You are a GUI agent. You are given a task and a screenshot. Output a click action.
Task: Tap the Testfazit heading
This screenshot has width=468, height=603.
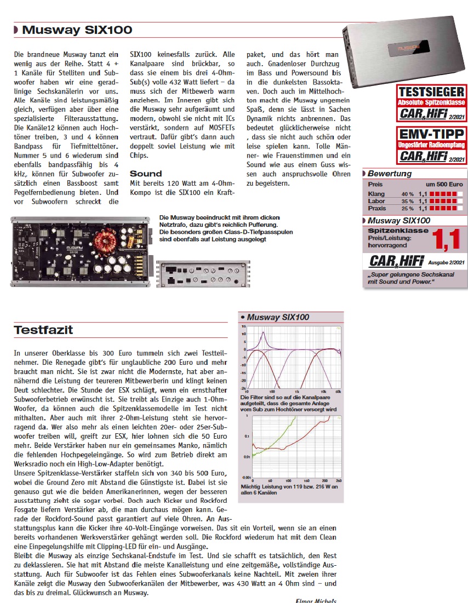pyautogui.click(x=43, y=330)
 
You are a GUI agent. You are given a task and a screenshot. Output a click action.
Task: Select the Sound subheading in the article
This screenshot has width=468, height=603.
pyautogui.click(x=146, y=174)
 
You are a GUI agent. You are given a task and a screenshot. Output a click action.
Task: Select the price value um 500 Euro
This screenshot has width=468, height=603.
pyautogui.click(x=444, y=185)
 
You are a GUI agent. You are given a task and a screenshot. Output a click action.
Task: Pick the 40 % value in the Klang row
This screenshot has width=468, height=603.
pyautogui.click(x=407, y=194)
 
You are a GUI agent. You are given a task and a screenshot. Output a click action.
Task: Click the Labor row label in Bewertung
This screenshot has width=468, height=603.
pyautogui.click(x=376, y=202)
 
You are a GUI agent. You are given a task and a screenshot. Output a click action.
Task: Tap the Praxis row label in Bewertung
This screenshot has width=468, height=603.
pyautogui.click(x=378, y=209)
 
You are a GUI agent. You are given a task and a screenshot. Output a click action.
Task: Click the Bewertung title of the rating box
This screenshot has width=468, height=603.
pyautogui.click(x=390, y=174)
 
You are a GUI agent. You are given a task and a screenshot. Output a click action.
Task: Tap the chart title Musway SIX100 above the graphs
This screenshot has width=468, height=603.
pyautogui.click(x=278, y=317)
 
